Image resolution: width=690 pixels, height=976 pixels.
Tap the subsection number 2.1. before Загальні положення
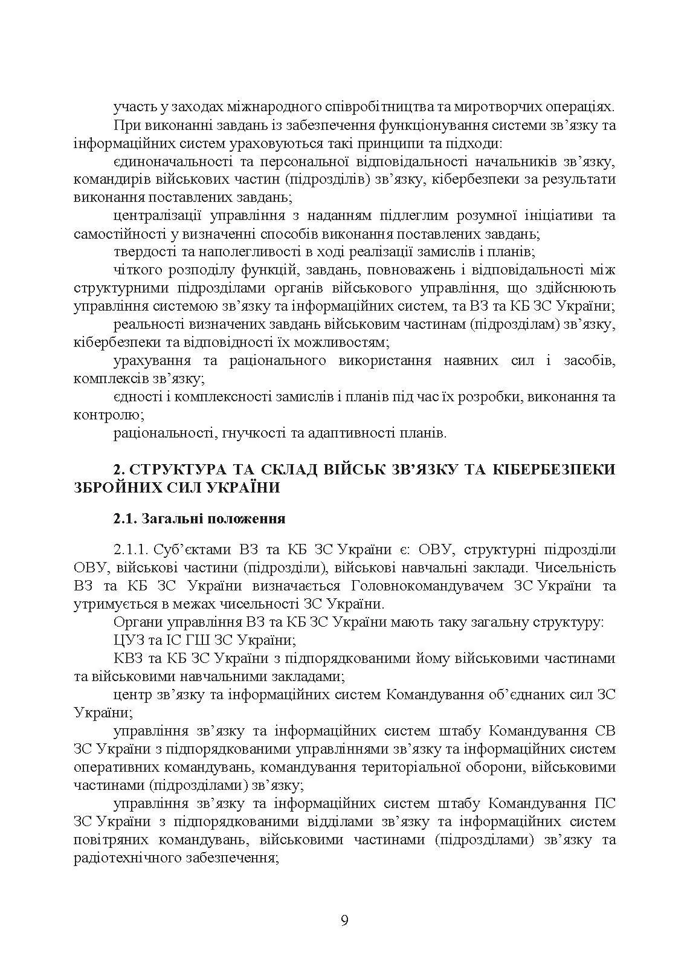point(126,519)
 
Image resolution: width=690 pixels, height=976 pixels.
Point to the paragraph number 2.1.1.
point(131,549)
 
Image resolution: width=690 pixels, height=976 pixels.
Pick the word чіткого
point(134,270)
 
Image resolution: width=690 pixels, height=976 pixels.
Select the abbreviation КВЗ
point(127,658)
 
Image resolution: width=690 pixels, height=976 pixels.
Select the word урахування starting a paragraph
point(149,361)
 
